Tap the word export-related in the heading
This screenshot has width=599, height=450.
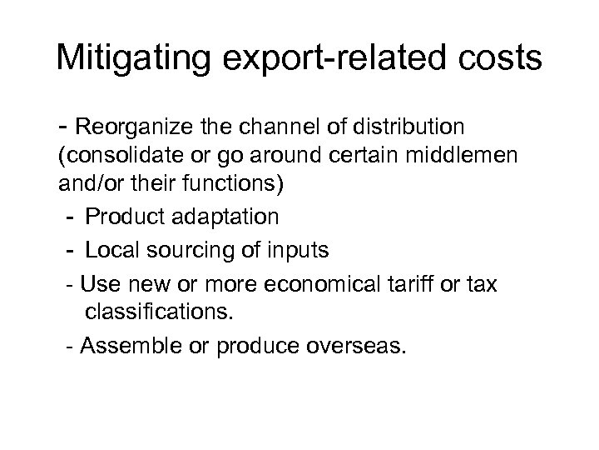pyautogui.click(x=328, y=59)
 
